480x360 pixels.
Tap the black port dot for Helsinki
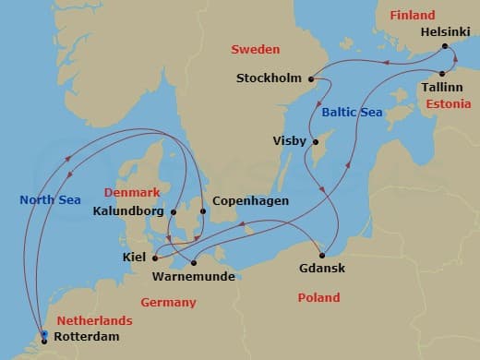click(445, 46)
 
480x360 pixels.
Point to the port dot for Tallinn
click(442, 74)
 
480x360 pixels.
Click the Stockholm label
click(270, 78)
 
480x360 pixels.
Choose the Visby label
click(291, 141)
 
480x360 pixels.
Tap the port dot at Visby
click(316, 142)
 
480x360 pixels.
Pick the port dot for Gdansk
click(322, 255)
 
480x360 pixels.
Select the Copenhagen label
click(250, 200)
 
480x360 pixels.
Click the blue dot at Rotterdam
click(44, 335)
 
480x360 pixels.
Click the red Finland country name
click(412, 15)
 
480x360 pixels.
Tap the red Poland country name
click(318, 297)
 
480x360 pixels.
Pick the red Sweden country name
click(256, 49)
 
